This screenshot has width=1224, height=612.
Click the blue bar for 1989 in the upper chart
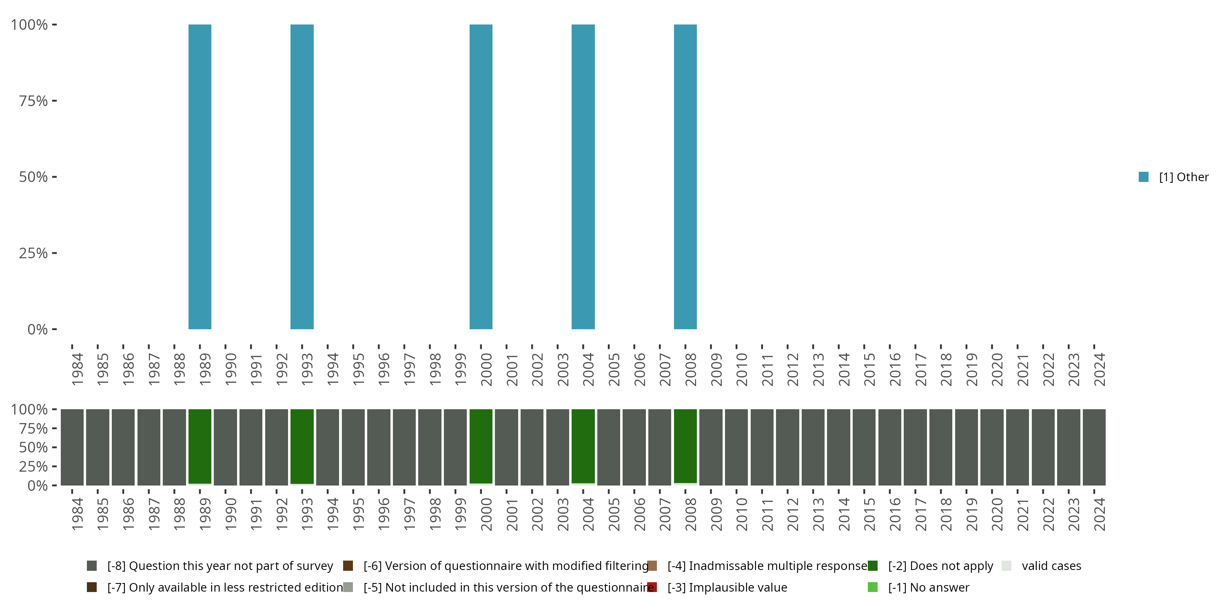point(200,177)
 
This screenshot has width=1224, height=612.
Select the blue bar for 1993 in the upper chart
point(302,177)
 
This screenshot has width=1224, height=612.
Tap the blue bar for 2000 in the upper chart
point(481,177)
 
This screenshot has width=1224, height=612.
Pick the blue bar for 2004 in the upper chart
point(583,177)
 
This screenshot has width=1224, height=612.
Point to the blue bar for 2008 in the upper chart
point(685,177)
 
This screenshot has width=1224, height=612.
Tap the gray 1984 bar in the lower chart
point(72,447)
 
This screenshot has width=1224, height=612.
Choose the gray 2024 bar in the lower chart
point(1094,447)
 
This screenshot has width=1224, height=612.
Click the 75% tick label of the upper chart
point(33,101)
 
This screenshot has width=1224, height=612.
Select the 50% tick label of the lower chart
point(33,447)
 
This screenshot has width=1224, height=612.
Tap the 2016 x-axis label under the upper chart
point(895,369)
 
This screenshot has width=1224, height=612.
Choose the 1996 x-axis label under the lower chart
point(384,514)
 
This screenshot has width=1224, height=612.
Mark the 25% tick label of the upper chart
point(33,253)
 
